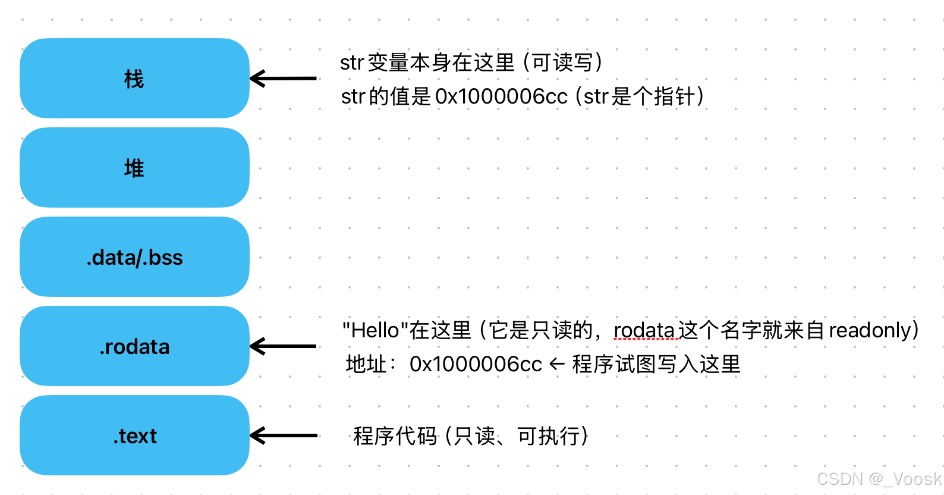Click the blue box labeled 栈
click(x=134, y=79)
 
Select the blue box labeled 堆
click(x=134, y=168)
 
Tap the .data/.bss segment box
click(x=134, y=257)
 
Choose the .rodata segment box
click(x=134, y=346)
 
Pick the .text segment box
click(x=134, y=436)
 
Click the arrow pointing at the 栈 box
click(x=283, y=79)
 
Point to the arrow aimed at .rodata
click(x=283, y=346)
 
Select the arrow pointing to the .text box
click(x=283, y=436)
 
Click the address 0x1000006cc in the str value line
click(x=501, y=96)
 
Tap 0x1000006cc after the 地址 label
click(x=476, y=364)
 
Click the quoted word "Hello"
click(x=375, y=330)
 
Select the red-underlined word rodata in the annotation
click(x=644, y=330)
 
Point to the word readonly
click(x=870, y=330)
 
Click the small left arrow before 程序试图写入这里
click(x=557, y=364)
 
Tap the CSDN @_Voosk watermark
click(x=879, y=479)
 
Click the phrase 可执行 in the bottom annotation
click(x=549, y=436)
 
